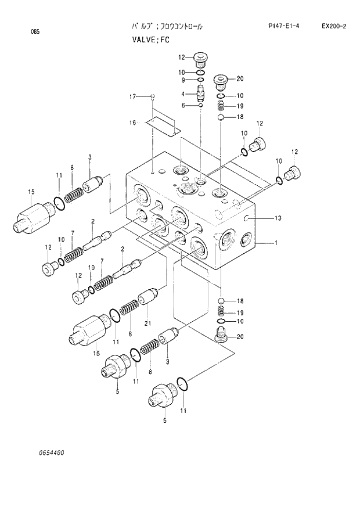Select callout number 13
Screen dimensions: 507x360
tap(278, 218)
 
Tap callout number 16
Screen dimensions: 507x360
tap(132, 123)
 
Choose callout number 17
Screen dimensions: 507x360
tap(132, 96)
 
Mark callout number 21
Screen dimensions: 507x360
tap(147, 323)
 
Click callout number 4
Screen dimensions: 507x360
tap(182, 94)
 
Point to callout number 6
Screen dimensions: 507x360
tap(182, 105)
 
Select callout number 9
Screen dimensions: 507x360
tap(182, 80)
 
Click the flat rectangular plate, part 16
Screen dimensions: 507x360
tap(163, 123)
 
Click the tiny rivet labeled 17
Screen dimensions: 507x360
tap(152, 96)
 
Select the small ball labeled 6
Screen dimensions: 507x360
tap(200, 105)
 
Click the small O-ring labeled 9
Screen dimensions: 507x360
tap(200, 80)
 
